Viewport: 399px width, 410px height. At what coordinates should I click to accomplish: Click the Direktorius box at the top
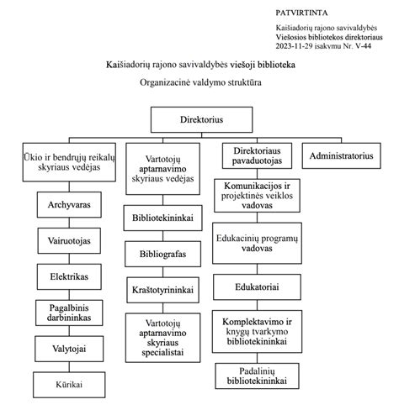tap(201, 120)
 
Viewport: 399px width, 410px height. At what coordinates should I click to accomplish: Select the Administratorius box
tap(341, 156)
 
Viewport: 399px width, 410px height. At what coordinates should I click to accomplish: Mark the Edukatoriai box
tap(256, 287)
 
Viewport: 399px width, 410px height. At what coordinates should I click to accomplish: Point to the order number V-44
tap(364, 48)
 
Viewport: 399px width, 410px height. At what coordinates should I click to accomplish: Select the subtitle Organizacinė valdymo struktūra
tap(201, 84)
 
